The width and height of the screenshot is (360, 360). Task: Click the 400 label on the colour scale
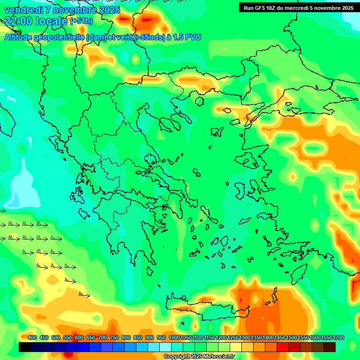click(32, 338)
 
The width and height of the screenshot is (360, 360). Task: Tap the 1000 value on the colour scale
click(174, 338)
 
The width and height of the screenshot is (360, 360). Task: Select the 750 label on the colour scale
click(114, 338)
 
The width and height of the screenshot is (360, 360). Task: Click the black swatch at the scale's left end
click(25, 347)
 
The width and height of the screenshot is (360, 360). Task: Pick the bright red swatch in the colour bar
click(283, 347)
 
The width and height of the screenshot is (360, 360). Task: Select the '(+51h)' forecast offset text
click(81, 21)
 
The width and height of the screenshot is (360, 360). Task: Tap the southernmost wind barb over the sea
click(84, 295)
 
